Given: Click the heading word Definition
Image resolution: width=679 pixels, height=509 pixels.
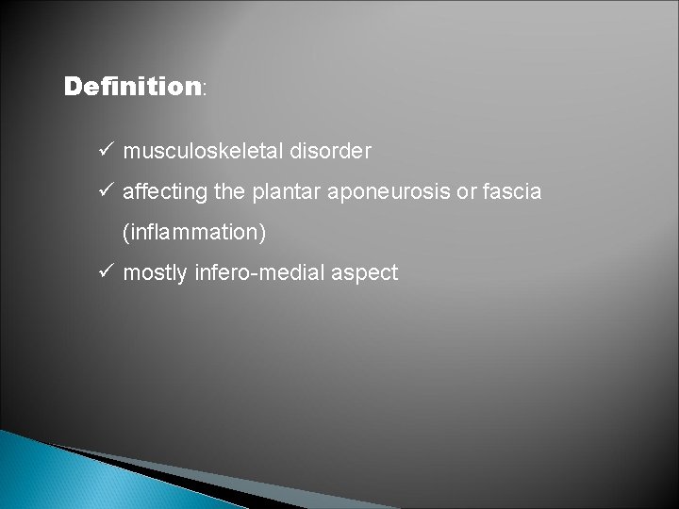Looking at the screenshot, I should tap(132, 88).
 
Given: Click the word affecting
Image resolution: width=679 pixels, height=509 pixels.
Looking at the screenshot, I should tap(159, 192).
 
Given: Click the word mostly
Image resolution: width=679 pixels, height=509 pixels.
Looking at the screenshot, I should tap(155, 273).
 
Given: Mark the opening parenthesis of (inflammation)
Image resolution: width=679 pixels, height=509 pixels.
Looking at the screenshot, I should tap(125, 232).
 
